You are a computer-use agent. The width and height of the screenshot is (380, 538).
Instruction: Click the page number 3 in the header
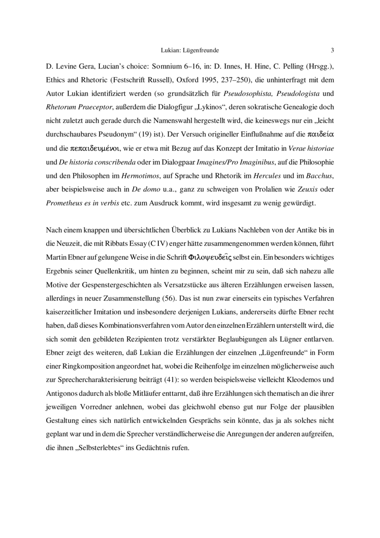(332, 49)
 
